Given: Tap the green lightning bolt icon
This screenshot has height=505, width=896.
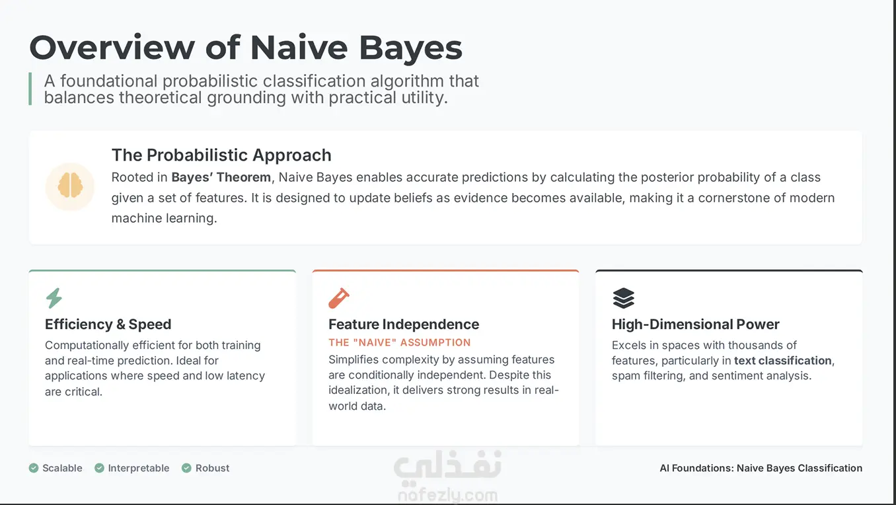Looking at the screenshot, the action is (54, 298).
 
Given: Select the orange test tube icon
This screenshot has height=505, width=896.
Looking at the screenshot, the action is (339, 298).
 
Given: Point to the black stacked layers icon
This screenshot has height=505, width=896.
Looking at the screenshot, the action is (623, 298).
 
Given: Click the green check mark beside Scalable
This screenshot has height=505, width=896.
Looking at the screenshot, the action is (34, 468).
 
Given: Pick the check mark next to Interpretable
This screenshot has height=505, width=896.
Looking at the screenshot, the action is (99, 468).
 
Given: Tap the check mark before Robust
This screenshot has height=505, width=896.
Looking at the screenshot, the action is (186, 468).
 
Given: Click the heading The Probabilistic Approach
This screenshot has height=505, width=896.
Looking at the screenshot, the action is (221, 155).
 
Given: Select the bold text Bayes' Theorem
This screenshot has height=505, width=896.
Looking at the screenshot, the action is (221, 177).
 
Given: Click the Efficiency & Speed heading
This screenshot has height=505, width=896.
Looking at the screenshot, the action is (108, 324).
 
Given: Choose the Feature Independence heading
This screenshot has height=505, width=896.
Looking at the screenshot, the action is (404, 324).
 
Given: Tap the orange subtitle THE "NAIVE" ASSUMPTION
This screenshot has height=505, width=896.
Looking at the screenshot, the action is (400, 342).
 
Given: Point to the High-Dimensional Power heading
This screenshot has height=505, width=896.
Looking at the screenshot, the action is (696, 324).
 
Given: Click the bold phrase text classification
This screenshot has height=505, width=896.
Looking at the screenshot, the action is (783, 360).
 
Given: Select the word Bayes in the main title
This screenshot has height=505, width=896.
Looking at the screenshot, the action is (410, 48).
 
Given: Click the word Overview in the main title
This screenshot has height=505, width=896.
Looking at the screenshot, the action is (112, 48).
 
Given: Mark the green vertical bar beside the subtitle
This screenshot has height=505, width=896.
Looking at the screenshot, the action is (30, 89).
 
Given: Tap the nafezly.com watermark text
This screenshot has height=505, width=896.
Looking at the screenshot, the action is (447, 495).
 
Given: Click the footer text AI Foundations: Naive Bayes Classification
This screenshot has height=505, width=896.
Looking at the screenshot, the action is (761, 468).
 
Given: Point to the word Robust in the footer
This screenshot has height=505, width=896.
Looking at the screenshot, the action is (212, 468).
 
